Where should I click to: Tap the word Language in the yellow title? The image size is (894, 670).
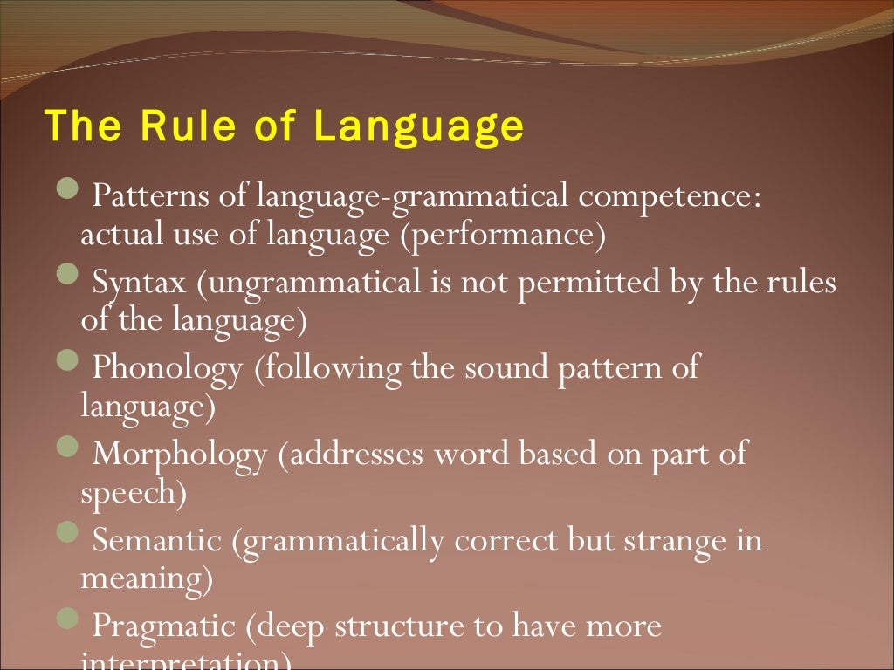418,127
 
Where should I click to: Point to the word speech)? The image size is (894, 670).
134,494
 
